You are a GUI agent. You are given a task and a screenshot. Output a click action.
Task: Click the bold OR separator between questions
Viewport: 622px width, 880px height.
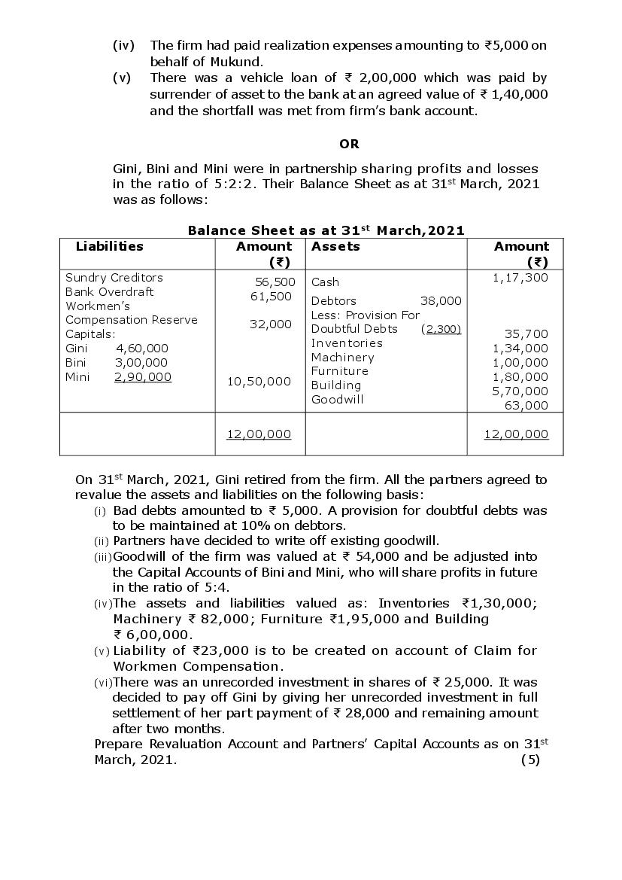[x=349, y=144]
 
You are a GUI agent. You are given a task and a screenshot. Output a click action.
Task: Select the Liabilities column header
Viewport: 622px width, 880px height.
[x=109, y=246]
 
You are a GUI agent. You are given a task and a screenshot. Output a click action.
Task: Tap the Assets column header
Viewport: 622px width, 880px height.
[x=335, y=246]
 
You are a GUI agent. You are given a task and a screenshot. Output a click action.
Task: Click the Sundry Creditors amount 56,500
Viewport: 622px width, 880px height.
[x=274, y=282]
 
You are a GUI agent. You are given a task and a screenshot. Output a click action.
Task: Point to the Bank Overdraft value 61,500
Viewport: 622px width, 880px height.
[x=271, y=296]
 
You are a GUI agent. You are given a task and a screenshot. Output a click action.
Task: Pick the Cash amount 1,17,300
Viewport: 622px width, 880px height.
[x=520, y=278]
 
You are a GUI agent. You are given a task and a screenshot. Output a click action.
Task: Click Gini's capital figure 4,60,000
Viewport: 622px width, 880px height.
[x=142, y=348]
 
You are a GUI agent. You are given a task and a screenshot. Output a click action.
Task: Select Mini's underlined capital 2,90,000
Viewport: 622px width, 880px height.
[x=142, y=376]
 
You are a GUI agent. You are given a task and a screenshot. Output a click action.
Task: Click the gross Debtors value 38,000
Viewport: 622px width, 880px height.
[x=441, y=300]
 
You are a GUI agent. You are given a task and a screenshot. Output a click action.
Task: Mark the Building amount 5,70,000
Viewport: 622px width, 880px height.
[x=520, y=391]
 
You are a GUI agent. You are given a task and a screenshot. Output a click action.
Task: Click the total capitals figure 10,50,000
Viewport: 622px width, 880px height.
[x=259, y=381]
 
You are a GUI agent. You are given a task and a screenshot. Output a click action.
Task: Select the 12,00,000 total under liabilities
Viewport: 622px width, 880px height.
[x=259, y=434]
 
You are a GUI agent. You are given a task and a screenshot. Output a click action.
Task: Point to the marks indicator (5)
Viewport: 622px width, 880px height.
[x=530, y=760]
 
